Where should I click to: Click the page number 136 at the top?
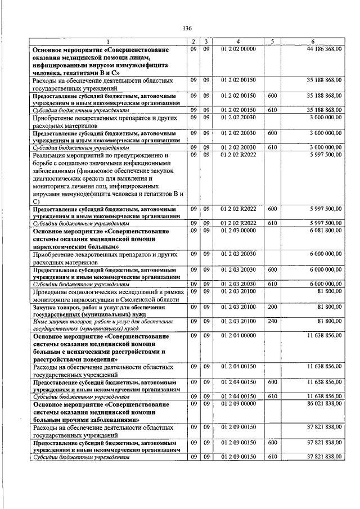pos(187,28)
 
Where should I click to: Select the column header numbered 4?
pos(238,42)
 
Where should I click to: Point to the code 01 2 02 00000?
pos(238,49)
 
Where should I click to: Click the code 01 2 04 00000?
pos(238,336)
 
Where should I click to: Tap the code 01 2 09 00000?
pos(238,404)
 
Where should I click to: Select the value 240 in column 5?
pos(272,321)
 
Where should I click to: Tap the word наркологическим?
pos(59,246)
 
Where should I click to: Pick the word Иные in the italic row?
pos(40,321)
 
